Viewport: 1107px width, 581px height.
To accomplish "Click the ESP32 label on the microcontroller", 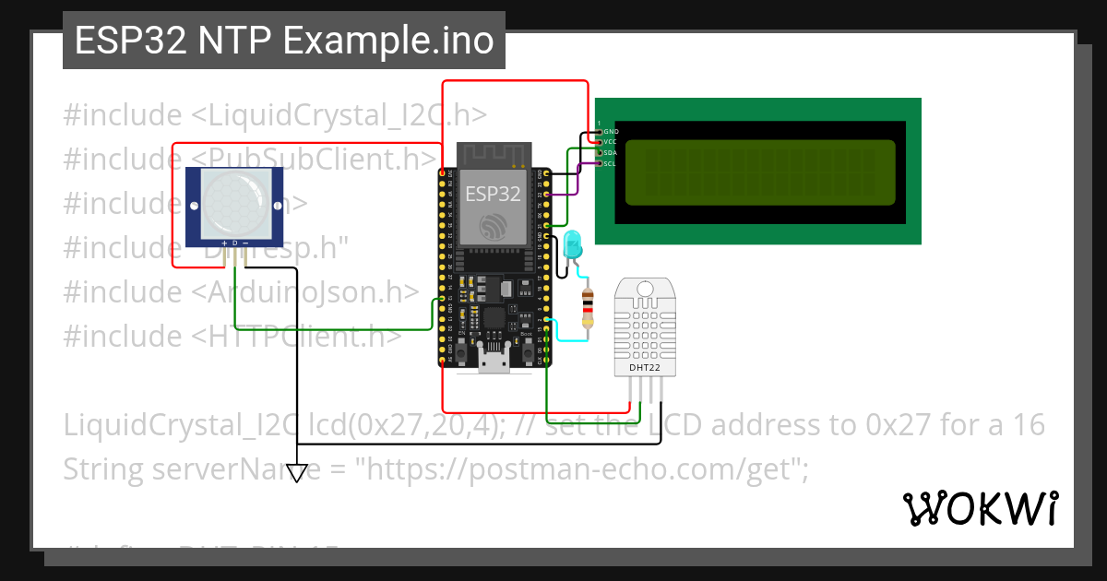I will coord(492,194).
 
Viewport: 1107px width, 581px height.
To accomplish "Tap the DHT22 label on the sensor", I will coord(645,367).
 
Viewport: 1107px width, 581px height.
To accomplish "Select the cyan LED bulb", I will coord(573,244).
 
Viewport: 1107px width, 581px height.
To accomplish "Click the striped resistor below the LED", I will coord(587,307).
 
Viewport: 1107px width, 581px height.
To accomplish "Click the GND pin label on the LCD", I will coord(611,132).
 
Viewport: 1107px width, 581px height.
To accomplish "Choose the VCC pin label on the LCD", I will coord(610,142).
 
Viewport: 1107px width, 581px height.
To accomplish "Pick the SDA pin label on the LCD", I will coord(610,153).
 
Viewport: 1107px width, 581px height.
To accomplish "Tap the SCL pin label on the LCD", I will coord(610,163).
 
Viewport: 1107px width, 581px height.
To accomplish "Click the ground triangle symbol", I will coord(296,472).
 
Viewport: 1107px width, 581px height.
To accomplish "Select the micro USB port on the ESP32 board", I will coord(493,361).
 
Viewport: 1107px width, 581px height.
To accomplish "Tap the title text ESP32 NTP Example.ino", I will coord(283,41).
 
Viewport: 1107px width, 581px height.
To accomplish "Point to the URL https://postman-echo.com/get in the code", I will coord(580,469).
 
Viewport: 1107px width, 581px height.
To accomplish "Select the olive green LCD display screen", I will coord(760,172).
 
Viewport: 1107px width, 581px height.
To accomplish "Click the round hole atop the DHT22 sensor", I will coord(645,290).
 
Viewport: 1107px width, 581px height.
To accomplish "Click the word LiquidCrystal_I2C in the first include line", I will coord(319,115).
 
